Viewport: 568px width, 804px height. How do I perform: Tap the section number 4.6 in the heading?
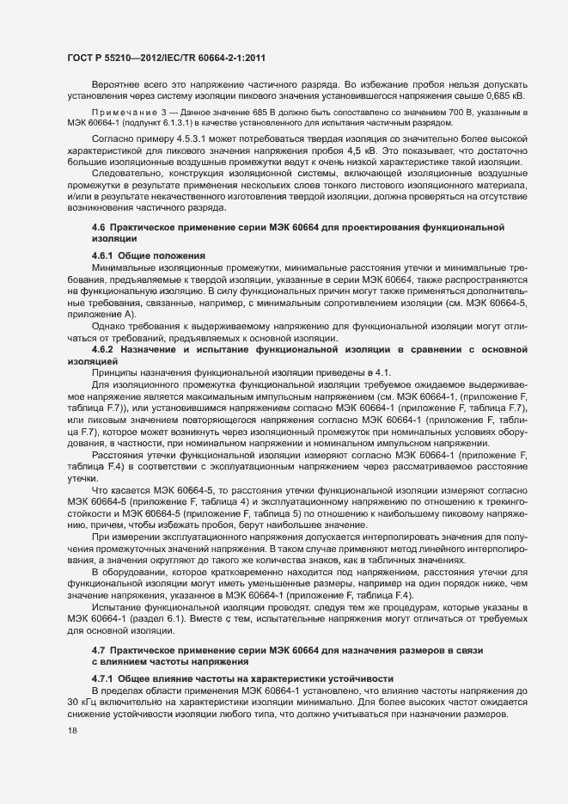[x=99, y=225]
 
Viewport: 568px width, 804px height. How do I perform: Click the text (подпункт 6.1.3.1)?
[x=141, y=123]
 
